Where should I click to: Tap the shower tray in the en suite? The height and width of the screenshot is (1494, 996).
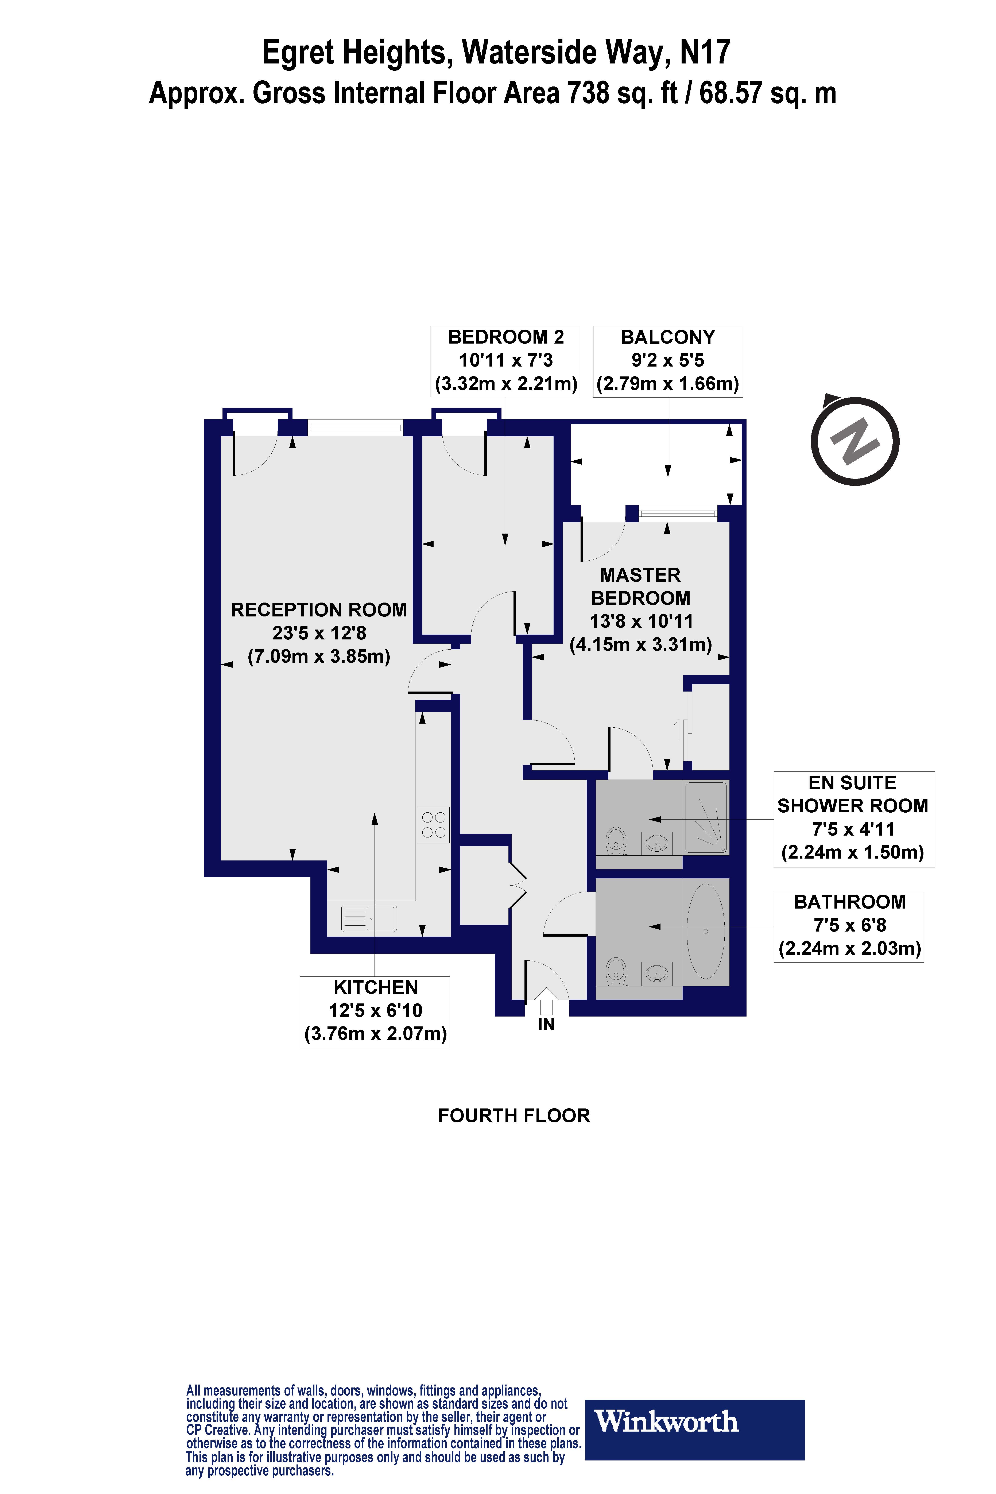point(706,817)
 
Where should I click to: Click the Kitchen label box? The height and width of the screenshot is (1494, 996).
point(375,1011)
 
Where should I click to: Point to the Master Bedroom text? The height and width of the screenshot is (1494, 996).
point(640,586)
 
